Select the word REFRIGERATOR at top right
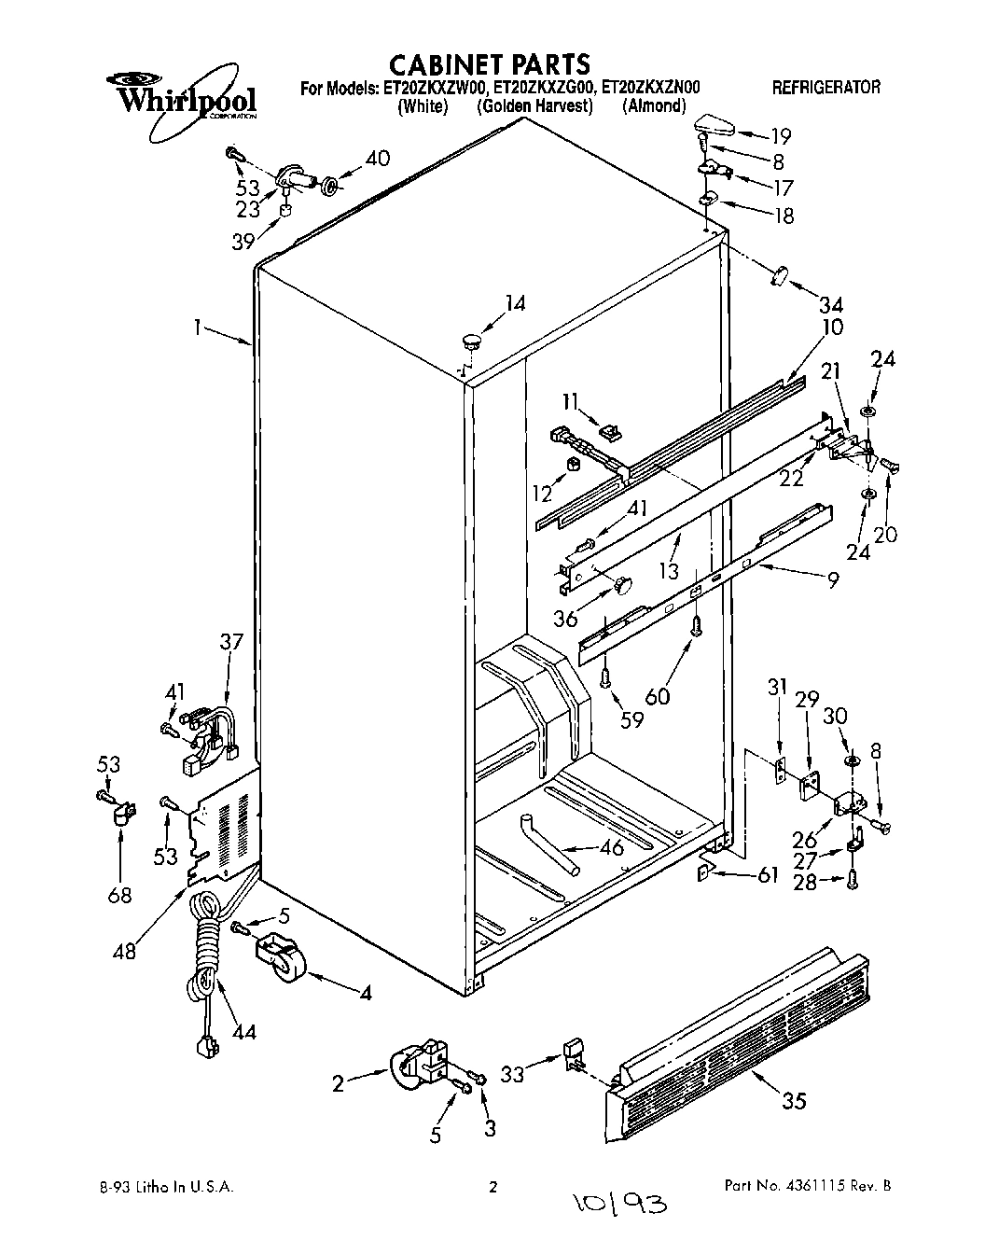[x=825, y=88]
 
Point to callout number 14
[x=515, y=303]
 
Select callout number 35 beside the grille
[x=793, y=1101]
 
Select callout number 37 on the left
[x=230, y=641]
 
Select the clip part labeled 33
[x=573, y=1056]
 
